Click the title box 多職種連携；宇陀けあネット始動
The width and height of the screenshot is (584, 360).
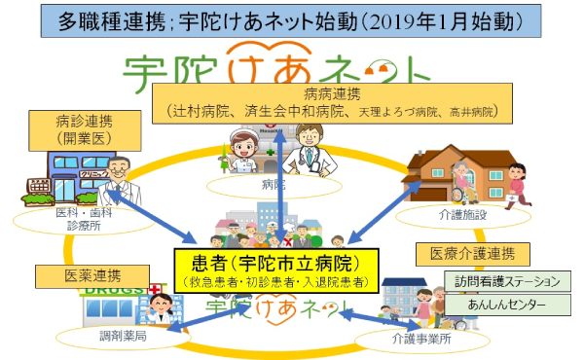tap(291, 18)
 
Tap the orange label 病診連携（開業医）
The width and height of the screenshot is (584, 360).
tap(83, 129)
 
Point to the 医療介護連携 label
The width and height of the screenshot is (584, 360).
tap(473, 255)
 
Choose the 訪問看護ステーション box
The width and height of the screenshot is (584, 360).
tap(507, 281)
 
